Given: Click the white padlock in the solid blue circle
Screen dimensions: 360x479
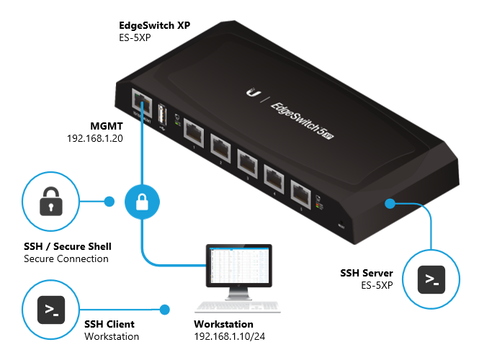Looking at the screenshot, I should click(x=142, y=202).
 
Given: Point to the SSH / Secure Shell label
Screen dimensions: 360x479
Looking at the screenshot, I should click(x=68, y=246).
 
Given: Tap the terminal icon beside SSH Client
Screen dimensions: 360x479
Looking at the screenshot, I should click(x=52, y=310).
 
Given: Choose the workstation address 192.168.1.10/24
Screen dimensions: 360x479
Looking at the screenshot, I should click(x=230, y=336).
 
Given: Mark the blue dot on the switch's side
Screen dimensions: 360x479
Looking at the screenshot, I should click(x=390, y=203).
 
